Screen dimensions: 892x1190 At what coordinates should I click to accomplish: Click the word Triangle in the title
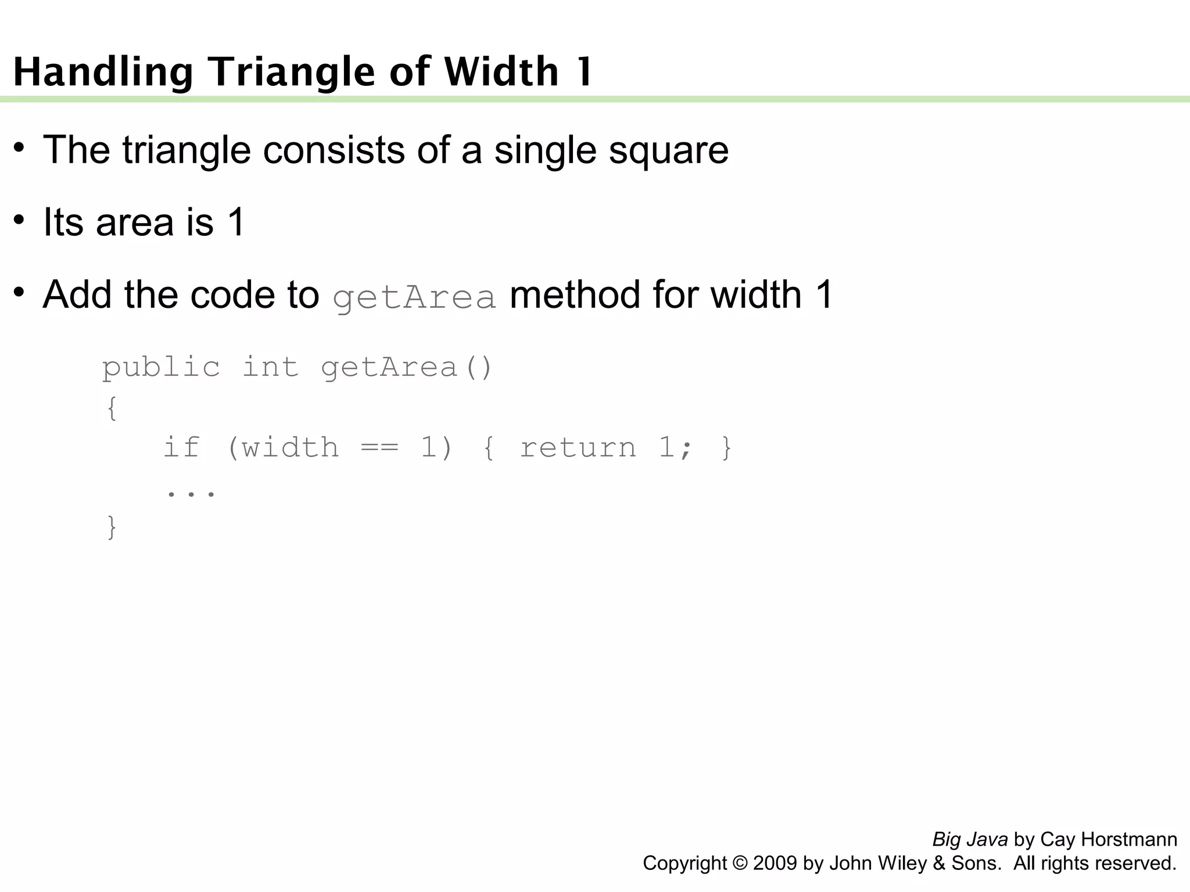(x=292, y=72)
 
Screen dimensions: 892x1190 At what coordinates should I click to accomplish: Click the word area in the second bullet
(x=135, y=222)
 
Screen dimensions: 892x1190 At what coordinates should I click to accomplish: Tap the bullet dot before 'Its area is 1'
(x=19, y=220)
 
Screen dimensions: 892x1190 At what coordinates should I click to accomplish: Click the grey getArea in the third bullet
(x=414, y=296)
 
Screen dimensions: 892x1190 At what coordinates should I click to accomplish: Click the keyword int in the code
(x=270, y=367)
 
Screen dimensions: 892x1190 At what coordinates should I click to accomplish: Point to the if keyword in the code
(x=181, y=447)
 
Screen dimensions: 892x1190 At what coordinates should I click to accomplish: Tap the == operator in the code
(x=379, y=448)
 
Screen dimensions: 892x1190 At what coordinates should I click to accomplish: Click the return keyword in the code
(x=578, y=448)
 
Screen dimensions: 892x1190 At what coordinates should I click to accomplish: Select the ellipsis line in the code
(x=191, y=493)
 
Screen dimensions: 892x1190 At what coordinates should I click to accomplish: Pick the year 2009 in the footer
(x=775, y=864)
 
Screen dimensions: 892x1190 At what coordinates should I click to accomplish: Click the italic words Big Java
(x=969, y=840)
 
